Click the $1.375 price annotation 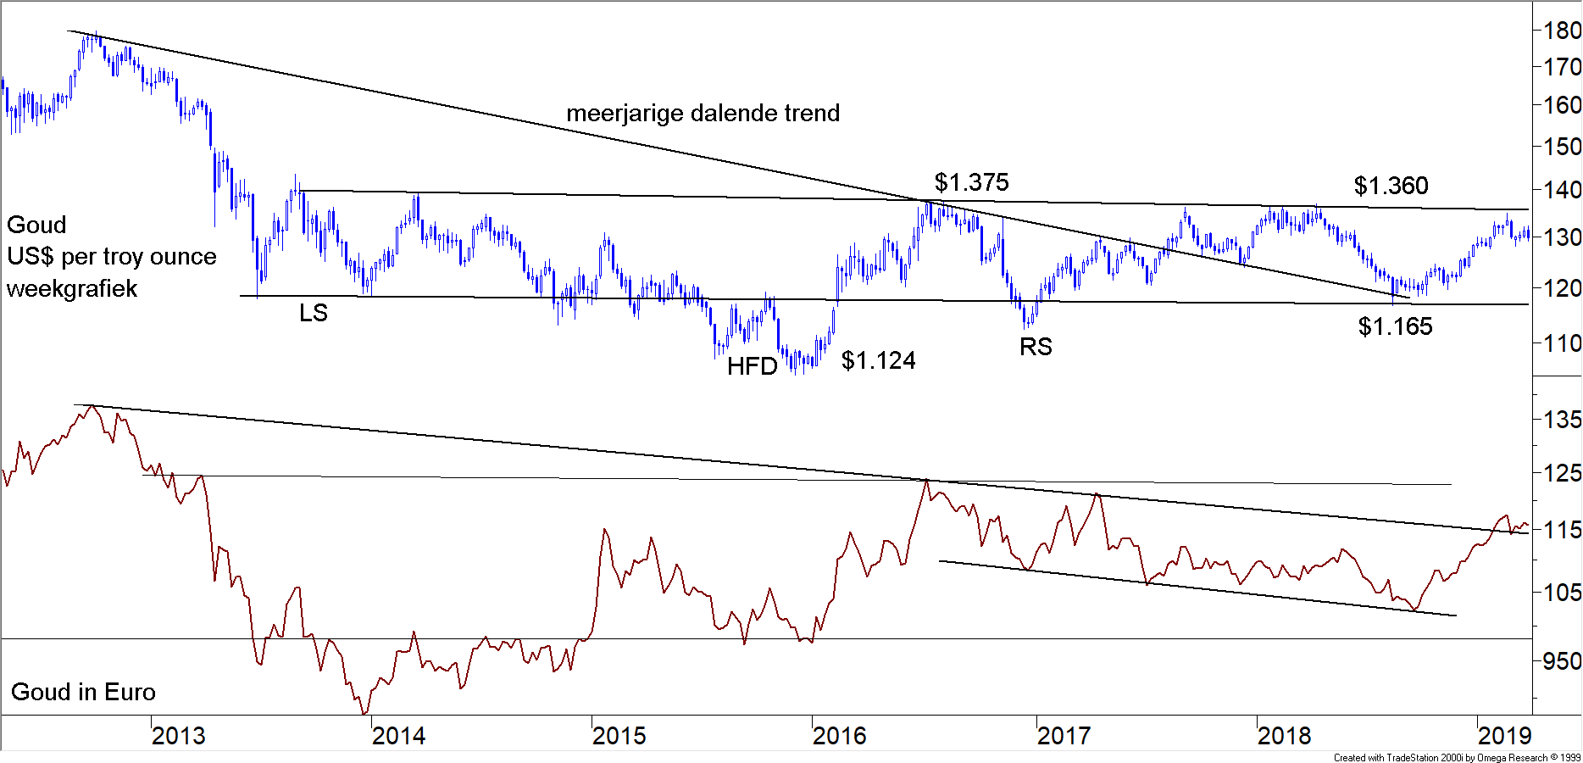click(971, 182)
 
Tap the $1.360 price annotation click(1391, 186)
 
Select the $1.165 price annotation click(1395, 326)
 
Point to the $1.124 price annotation click(878, 361)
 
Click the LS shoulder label click(313, 313)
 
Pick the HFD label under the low click(752, 366)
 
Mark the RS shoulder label click(1036, 347)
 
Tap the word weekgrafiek click(72, 289)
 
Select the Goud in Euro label click(83, 692)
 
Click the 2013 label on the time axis click(178, 735)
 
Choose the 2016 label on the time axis click(839, 735)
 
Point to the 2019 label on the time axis click(1504, 735)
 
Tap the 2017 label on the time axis click(1064, 735)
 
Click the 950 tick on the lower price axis click(1561, 661)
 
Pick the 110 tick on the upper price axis click(1561, 344)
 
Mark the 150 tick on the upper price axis click(1561, 147)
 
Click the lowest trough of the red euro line click(364, 713)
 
